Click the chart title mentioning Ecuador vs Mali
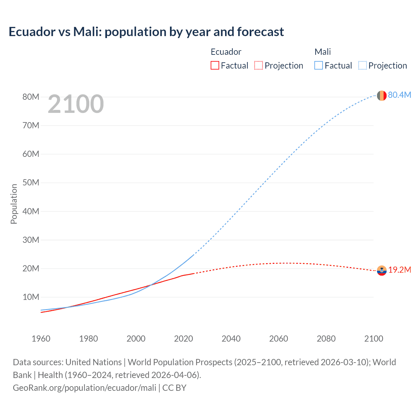(x=146, y=32)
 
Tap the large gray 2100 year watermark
(x=76, y=104)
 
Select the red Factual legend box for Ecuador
(x=215, y=66)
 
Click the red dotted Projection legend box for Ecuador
(x=259, y=66)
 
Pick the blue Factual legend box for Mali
(x=319, y=66)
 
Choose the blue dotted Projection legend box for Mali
(x=363, y=66)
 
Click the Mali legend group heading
(x=323, y=52)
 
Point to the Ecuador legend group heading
(x=226, y=52)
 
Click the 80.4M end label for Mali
(x=399, y=95)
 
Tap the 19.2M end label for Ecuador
(x=400, y=270)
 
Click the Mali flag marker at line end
(x=382, y=95)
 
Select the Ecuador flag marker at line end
(x=382, y=270)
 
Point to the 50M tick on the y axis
(x=31, y=183)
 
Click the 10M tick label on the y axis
(x=31, y=297)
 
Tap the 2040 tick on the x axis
(x=231, y=339)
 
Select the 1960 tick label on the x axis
(x=41, y=339)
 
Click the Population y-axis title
(x=14, y=204)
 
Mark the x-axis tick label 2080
(x=326, y=339)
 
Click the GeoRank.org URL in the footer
(x=84, y=388)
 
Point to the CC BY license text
(x=174, y=388)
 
